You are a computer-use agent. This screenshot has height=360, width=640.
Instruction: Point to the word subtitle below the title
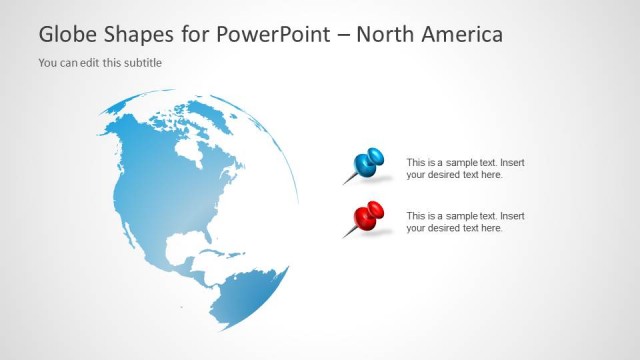point(142,63)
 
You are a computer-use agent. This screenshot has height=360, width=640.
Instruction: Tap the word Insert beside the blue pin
point(511,162)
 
